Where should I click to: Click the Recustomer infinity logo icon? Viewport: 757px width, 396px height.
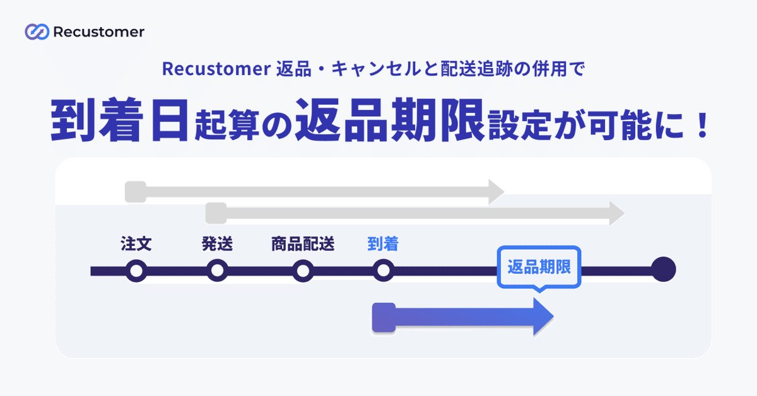(37, 32)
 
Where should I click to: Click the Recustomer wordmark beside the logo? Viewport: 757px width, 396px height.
(98, 32)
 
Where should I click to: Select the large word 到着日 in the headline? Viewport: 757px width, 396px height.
(119, 120)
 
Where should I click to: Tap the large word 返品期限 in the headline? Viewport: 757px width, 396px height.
(390, 120)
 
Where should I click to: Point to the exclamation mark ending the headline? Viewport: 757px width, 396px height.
(703, 125)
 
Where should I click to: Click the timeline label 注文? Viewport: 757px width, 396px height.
(136, 243)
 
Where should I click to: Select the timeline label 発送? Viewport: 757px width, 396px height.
(217, 243)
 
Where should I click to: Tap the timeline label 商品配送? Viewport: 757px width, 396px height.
(303, 243)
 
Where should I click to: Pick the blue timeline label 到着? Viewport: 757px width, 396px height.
(383, 243)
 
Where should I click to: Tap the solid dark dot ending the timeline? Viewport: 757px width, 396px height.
(664, 269)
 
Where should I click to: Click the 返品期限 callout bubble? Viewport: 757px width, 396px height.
(539, 267)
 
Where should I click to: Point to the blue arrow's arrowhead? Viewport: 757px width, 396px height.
(543, 317)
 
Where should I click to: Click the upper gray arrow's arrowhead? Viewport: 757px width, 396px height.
(496, 192)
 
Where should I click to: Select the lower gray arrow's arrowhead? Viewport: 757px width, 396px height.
(617, 213)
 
